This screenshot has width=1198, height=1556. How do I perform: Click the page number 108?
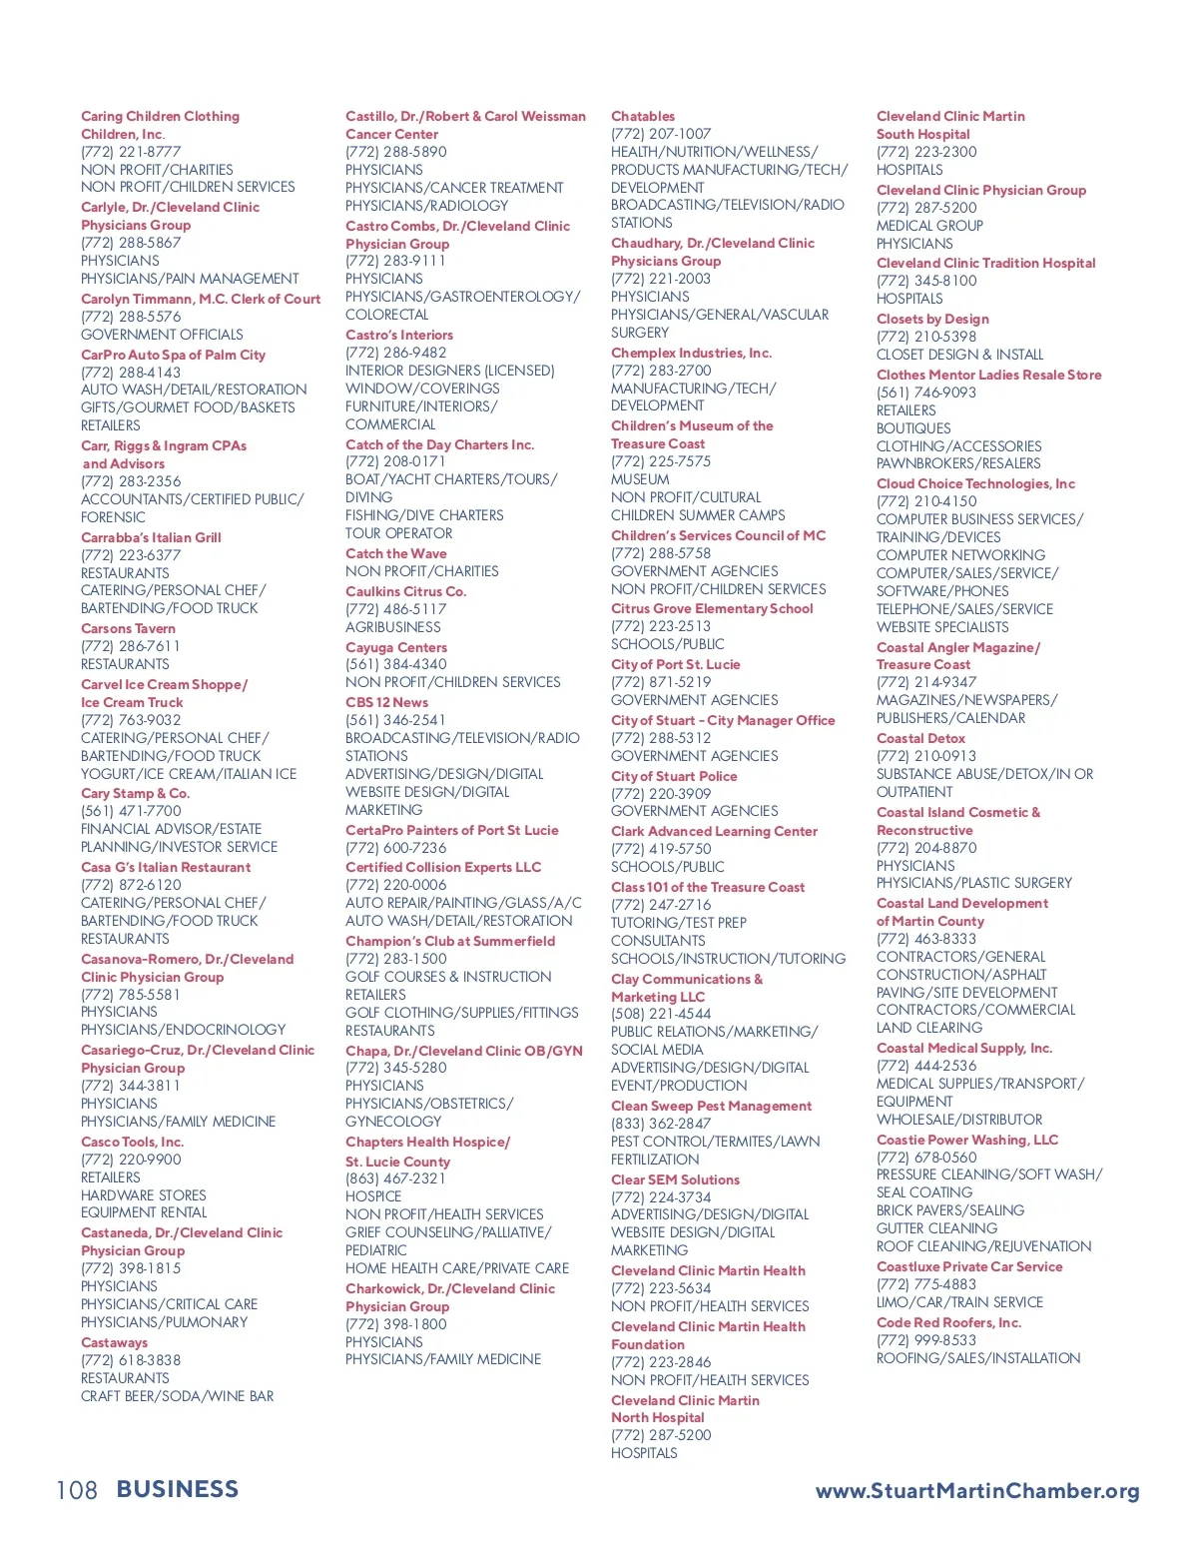coord(77,1491)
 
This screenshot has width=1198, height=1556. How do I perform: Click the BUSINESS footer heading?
coord(178,1490)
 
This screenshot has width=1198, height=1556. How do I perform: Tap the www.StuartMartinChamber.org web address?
coord(977,1491)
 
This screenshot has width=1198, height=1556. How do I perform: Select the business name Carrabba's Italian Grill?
coord(151,537)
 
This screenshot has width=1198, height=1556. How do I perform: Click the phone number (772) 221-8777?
coord(131,152)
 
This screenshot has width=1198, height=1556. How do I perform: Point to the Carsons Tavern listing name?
coord(128,628)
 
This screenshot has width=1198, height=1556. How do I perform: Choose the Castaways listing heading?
coord(114,1342)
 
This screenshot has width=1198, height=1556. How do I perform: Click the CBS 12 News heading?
coord(386,702)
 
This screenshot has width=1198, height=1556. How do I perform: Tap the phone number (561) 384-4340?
coord(395,664)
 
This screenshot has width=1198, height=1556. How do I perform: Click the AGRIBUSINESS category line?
coord(392,627)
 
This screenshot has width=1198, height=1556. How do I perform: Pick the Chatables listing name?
coord(643,116)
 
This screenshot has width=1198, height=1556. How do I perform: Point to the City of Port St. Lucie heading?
coord(675,664)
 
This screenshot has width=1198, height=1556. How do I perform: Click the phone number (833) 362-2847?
coord(661,1124)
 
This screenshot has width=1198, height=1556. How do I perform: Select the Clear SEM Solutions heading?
coord(675,1179)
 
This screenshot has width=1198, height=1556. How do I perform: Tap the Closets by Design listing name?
coord(932,319)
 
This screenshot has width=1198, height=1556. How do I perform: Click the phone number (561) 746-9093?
coord(926,392)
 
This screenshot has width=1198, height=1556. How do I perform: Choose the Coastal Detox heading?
coord(920,738)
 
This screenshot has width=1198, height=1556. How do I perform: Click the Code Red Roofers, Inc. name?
coord(948,1322)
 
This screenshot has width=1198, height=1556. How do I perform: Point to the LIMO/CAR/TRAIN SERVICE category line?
coord(959,1302)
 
